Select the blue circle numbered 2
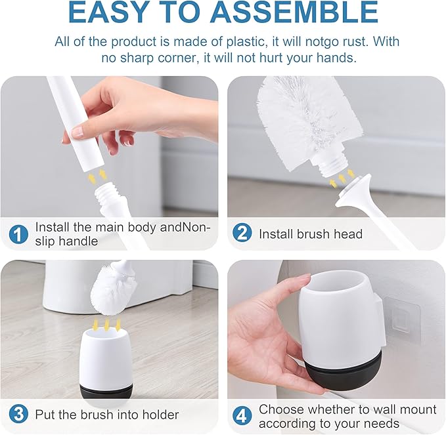tap(242, 234)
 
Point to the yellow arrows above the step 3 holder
tap(106, 323)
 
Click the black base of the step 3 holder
tap(106, 391)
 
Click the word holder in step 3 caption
tap(158, 415)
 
